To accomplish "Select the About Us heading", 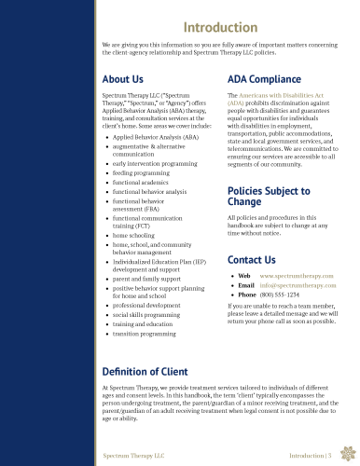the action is point(123,79).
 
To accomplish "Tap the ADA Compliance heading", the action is point(264,79).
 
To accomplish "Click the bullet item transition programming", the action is point(145,333).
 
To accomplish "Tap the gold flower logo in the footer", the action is point(347,454).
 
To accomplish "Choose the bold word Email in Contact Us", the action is point(246,286).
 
